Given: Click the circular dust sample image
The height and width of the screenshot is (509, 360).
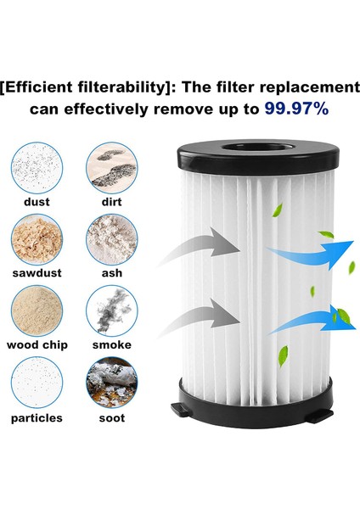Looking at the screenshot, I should [37, 166].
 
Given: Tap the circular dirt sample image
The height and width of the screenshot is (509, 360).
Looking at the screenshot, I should [111, 166].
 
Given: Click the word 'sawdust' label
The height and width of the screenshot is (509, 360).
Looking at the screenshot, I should [37, 273].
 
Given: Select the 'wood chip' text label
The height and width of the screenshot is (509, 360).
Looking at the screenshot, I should [37, 345].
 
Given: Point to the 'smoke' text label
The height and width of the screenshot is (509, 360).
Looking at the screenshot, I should [111, 345].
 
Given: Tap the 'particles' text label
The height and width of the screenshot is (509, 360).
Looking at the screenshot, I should [37, 418].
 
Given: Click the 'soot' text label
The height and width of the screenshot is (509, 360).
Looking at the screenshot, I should [111, 418].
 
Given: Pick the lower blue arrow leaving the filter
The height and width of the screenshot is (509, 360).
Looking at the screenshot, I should [309, 322].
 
